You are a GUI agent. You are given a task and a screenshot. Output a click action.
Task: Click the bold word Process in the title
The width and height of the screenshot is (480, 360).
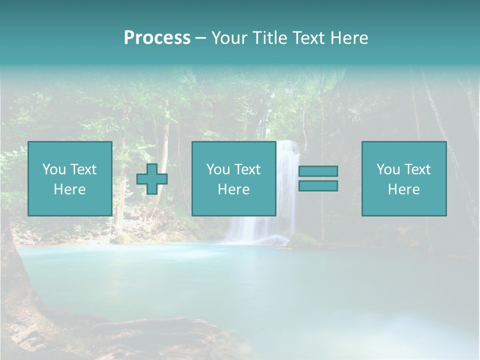[157, 38]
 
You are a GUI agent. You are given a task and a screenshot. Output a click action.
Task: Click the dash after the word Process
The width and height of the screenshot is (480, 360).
[200, 39]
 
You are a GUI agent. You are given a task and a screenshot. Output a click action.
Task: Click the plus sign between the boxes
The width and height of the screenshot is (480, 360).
[152, 179]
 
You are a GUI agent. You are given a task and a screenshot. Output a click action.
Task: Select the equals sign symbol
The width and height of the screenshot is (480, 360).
[318, 178]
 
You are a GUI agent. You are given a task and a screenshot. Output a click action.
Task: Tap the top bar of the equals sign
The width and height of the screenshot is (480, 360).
[318, 171]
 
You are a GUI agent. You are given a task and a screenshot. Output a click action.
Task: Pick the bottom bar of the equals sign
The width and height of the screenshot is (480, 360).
[318, 185]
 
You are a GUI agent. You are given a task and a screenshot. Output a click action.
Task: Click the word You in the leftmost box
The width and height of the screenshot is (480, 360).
[53, 169]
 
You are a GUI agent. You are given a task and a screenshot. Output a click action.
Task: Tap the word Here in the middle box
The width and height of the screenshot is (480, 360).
[233, 189]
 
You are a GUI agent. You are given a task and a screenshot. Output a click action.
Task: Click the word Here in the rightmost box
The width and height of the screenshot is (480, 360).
[404, 189]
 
